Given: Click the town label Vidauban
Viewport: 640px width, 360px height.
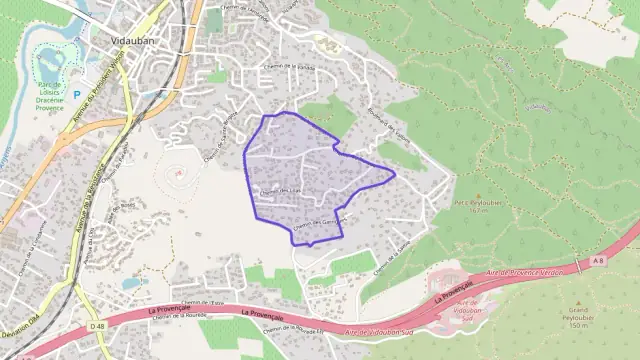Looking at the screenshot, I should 127,43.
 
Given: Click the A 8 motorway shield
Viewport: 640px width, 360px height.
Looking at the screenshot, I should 597,260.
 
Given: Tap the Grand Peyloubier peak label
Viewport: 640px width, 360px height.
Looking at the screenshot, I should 577,319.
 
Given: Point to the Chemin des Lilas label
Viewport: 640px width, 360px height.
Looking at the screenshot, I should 280,191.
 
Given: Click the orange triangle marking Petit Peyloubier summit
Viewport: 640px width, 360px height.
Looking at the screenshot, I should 477,196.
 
